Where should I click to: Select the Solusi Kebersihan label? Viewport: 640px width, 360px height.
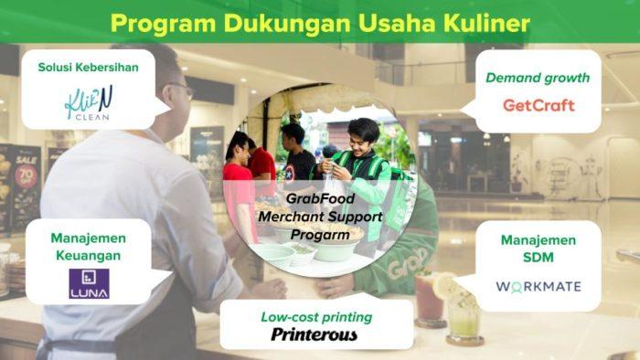(89, 68)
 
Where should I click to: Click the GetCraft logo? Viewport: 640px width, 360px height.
(539, 105)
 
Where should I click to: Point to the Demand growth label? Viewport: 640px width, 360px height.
(538, 78)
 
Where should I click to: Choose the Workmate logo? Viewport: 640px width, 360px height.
(538, 286)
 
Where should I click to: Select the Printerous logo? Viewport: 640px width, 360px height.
(314, 334)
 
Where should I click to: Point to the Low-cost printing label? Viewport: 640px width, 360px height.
(314, 316)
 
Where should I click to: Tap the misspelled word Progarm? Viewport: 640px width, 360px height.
(320, 234)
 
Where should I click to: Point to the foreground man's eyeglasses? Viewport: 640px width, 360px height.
(180, 89)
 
